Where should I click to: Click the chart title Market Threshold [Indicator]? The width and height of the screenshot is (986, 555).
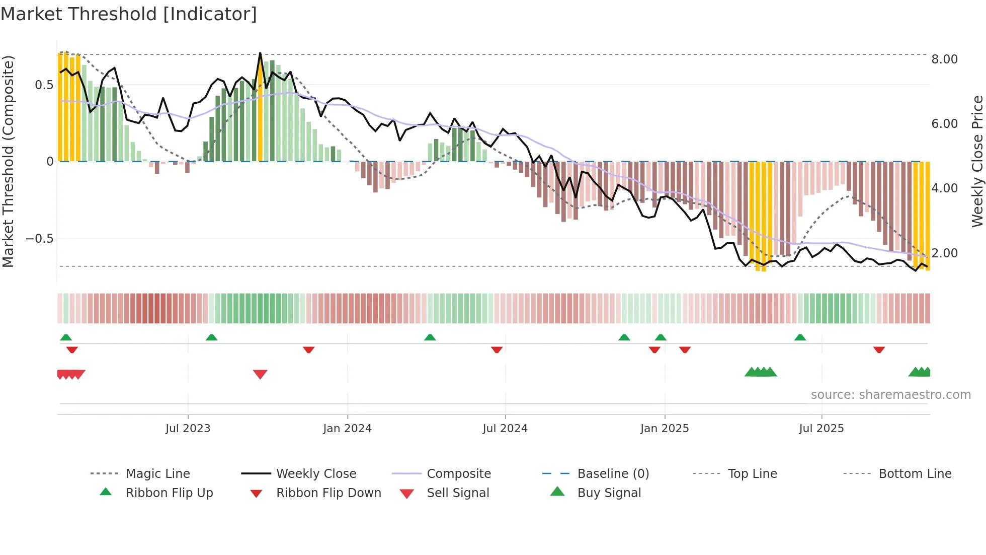pyautogui.click(x=129, y=14)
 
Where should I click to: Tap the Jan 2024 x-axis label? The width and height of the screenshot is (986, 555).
pyautogui.click(x=347, y=429)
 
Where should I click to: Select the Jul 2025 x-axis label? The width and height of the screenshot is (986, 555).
pyautogui.click(x=821, y=429)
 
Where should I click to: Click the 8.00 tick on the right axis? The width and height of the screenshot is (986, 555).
pyautogui.click(x=944, y=59)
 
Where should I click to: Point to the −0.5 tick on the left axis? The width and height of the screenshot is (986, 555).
pyautogui.click(x=39, y=238)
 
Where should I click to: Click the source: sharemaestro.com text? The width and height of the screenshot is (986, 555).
pyautogui.click(x=890, y=395)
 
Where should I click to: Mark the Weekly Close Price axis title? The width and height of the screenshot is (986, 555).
pyautogui.click(x=977, y=161)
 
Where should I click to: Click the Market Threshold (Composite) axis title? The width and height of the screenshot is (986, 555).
pyautogui.click(x=8, y=161)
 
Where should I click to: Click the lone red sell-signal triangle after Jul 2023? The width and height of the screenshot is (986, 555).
pyautogui.click(x=260, y=374)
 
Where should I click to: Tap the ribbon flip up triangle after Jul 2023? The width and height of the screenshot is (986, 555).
pyautogui.click(x=211, y=337)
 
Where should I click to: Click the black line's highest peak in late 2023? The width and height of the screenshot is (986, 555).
pyautogui.click(x=260, y=53)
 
